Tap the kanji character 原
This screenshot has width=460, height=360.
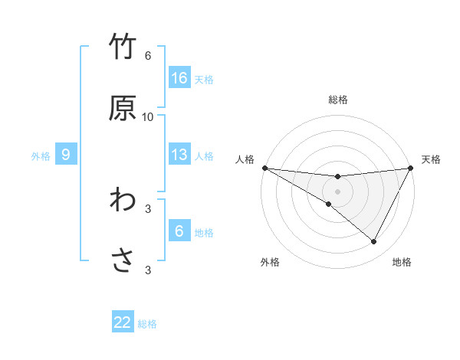[x=123, y=108]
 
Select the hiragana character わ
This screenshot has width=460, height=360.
[x=123, y=200]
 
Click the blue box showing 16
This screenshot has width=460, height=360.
[x=179, y=78]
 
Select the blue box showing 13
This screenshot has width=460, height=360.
[x=179, y=155]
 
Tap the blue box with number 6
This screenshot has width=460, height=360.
[x=179, y=231]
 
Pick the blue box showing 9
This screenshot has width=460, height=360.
[x=66, y=155]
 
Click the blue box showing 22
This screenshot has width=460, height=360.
[x=123, y=322]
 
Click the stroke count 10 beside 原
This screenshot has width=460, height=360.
[x=148, y=117]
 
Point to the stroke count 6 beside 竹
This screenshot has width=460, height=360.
[x=148, y=56]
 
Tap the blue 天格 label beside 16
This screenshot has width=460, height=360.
[x=204, y=79]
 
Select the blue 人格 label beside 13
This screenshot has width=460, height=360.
[x=204, y=155]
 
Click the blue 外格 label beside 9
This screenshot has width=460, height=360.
[x=41, y=155]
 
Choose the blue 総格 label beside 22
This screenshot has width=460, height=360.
[x=147, y=323]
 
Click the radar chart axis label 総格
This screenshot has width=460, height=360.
[x=338, y=100]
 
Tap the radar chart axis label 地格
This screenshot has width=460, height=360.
[x=402, y=262]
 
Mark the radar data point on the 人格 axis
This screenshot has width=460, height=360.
[x=264, y=168]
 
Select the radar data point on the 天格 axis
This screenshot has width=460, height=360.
[x=411, y=168]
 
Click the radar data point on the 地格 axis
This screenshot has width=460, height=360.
[x=374, y=242]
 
